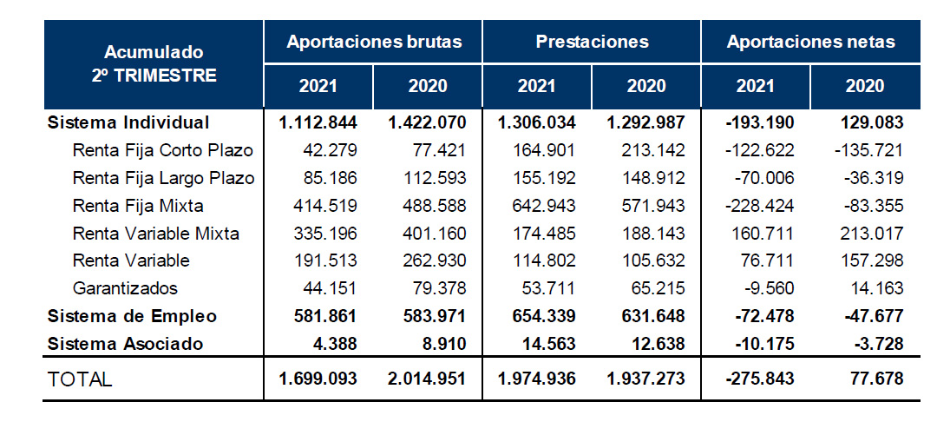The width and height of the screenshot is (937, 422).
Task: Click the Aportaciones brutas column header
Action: pyautogui.click(x=374, y=42)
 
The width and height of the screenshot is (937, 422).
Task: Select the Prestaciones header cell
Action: pyautogui.click(x=592, y=42)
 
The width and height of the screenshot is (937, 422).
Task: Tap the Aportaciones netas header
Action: pyautogui.click(x=810, y=42)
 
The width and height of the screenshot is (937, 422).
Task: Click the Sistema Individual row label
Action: pyautogui.click(x=129, y=122)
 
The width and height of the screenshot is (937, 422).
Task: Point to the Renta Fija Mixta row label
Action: pyautogui.click(x=138, y=207)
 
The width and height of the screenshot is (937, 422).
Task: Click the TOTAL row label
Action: pyautogui.click(x=81, y=379)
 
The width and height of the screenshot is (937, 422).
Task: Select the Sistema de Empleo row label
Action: pyautogui.click(x=133, y=315)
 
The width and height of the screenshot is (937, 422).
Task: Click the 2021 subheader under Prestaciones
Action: pyautogui.click(x=537, y=86)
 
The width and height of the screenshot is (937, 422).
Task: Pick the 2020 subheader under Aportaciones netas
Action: pyautogui.click(x=865, y=86)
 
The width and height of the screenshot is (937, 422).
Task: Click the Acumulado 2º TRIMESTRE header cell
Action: pyautogui.click(x=154, y=63)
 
